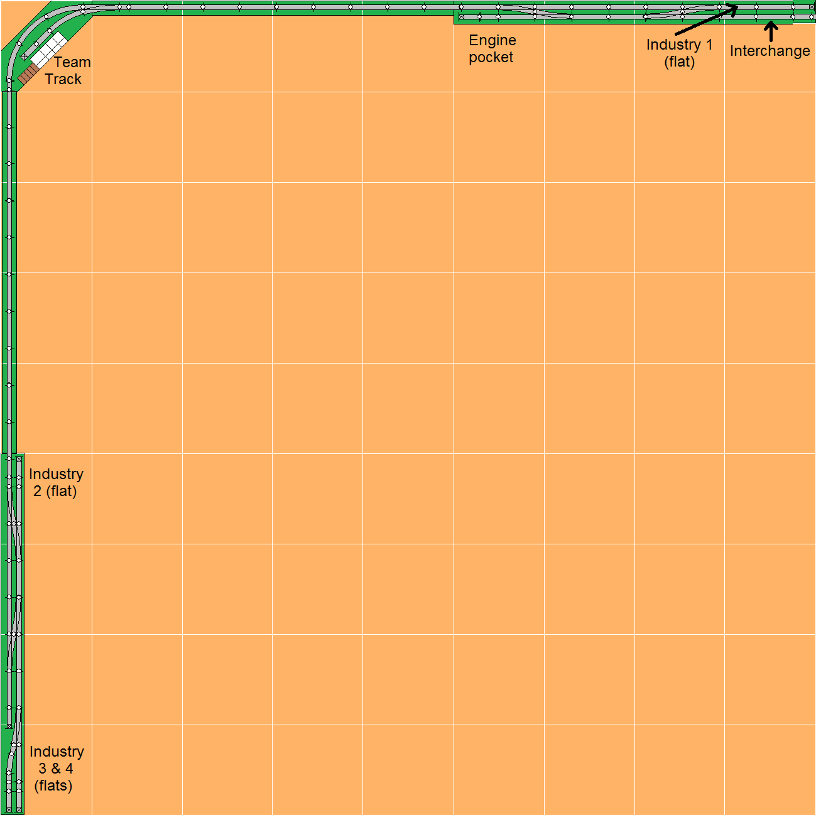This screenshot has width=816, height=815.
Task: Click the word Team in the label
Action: pyautogui.click(x=72, y=62)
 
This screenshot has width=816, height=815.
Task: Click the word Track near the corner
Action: pyautogui.click(x=63, y=79)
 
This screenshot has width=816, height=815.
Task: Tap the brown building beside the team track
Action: pyautogui.click(x=27, y=75)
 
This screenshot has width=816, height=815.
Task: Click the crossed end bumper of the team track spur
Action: pyautogui.click(x=24, y=57)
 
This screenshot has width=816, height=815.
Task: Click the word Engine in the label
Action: pyautogui.click(x=492, y=41)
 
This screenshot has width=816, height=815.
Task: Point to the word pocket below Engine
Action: pyautogui.click(x=491, y=58)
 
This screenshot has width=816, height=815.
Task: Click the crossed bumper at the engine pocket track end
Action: pyautogui.click(x=462, y=17)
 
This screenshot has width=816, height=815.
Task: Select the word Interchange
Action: pyautogui.click(x=770, y=51)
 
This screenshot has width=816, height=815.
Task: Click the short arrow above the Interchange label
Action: pyautogui.click(x=771, y=31)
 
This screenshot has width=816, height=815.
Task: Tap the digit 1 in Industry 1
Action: pyautogui.click(x=709, y=45)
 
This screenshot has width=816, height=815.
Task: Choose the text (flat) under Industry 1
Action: pyautogui.click(x=679, y=62)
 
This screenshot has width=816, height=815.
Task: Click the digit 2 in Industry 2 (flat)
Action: pyautogui.click(x=38, y=492)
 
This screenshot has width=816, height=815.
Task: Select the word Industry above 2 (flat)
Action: pyautogui.click(x=56, y=474)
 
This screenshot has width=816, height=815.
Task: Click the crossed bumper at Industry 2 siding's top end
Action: pyautogui.click(x=19, y=460)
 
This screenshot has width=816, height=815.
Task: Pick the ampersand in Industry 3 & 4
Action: pyautogui.click(x=55, y=769)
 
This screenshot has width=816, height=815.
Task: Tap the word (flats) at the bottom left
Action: pyautogui.click(x=53, y=785)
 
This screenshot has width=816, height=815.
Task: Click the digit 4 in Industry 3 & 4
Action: pyautogui.click(x=69, y=769)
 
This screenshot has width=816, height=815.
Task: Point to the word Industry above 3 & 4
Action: pyautogui.click(x=57, y=752)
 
